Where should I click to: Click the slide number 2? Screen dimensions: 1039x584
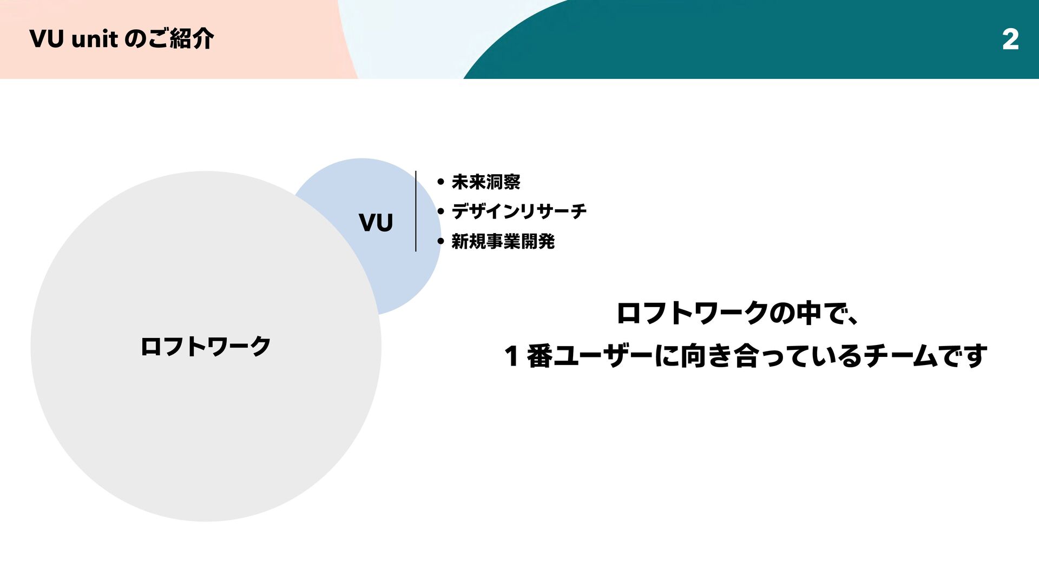point(1010,39)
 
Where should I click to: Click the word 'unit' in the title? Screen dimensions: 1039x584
point(95,39)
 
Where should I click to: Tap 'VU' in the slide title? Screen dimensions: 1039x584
point(47,39)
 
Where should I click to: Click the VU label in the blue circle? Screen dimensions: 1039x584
point(376,223)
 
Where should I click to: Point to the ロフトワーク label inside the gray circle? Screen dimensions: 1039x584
point(206,347)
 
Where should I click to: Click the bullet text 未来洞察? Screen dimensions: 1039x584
point(486,182)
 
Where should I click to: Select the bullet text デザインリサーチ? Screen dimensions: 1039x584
point(519,211)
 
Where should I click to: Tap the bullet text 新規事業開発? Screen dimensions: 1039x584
point(503,241)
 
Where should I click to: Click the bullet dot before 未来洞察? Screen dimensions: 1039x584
point(440,182)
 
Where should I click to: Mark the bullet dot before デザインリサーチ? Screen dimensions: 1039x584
point(440,212)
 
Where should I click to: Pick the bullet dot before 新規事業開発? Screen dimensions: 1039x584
point(440,242)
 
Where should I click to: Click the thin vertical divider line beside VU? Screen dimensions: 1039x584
point(416,211)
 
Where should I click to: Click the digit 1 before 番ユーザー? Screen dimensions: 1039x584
point(511,356)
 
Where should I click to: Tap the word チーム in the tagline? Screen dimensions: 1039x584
point(901,356)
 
